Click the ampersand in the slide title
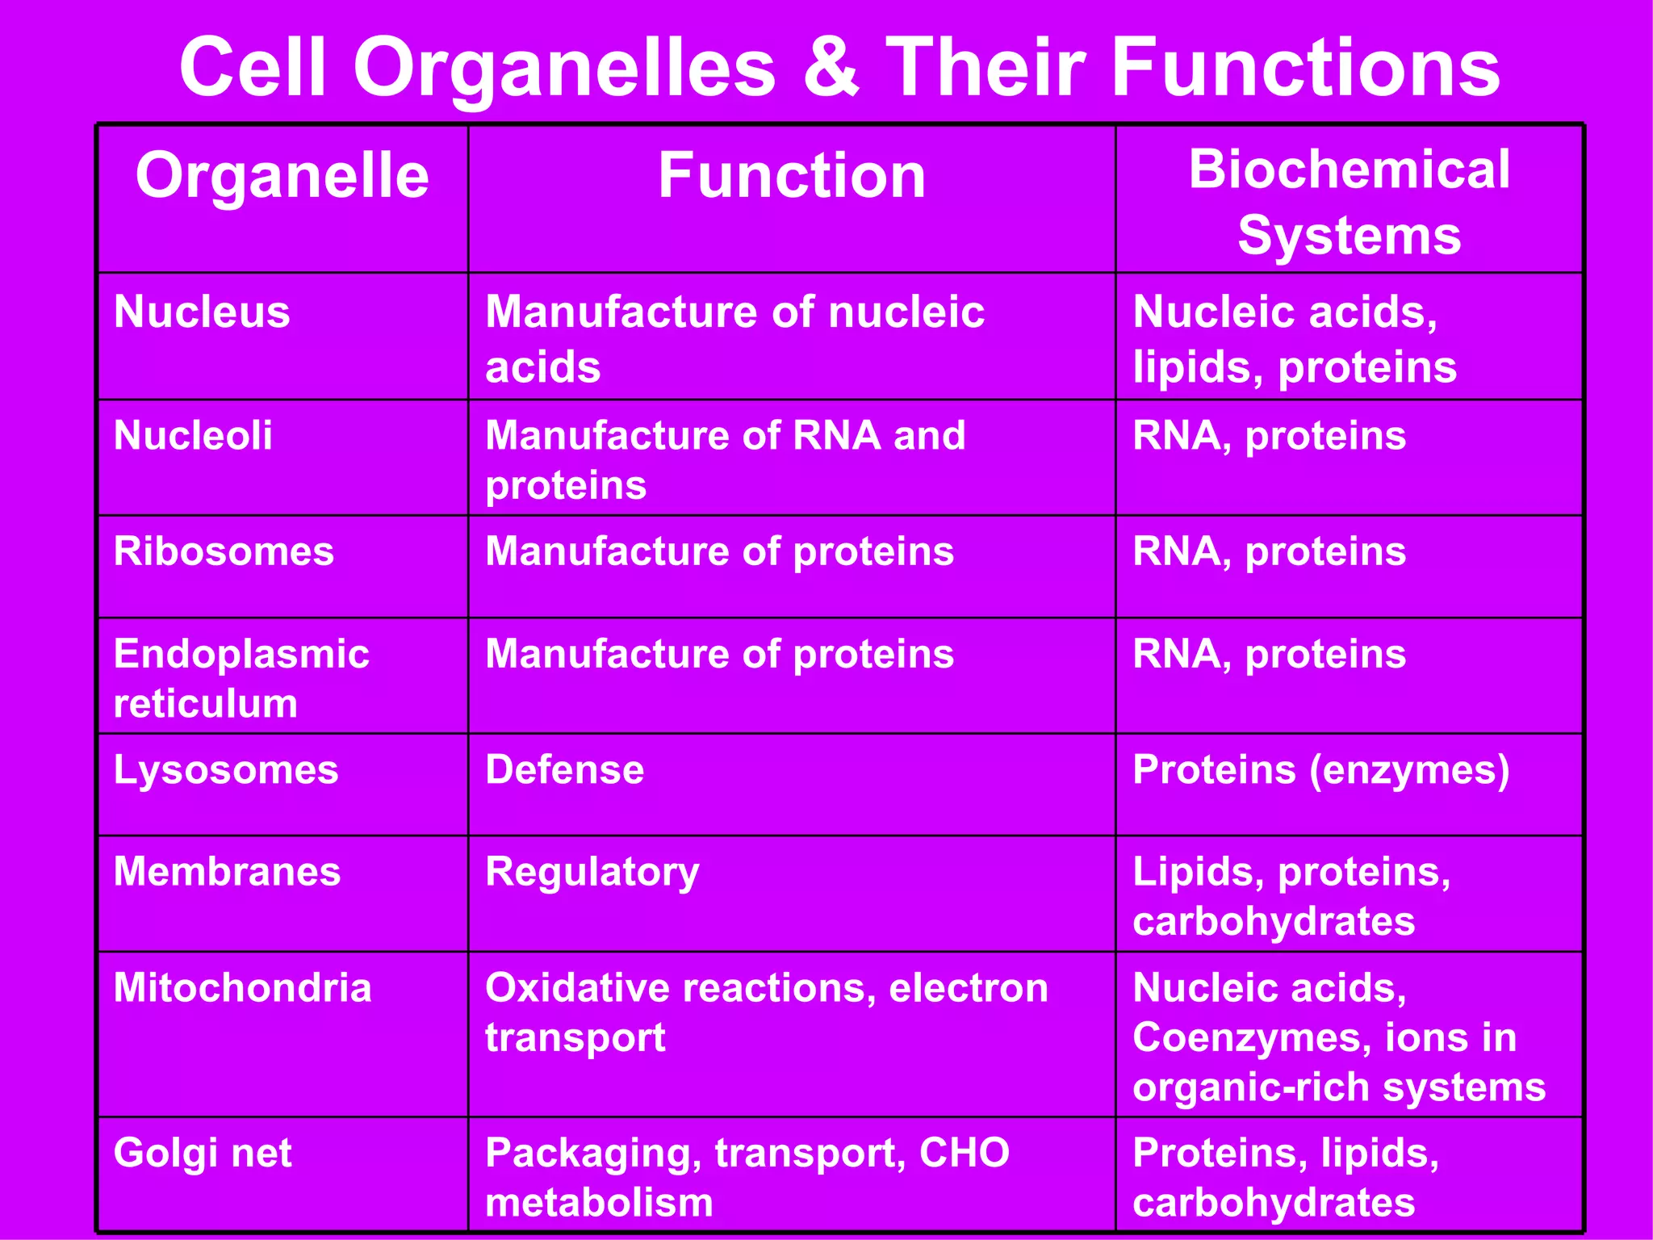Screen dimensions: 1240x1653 831,68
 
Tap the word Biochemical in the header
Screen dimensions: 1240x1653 1349,170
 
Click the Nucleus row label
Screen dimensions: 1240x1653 202,312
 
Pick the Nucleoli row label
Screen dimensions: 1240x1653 193,435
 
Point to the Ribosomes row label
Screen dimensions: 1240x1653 224,551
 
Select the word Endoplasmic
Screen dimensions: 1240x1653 241,654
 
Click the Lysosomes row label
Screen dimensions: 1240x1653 226,769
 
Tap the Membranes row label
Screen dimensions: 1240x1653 227,872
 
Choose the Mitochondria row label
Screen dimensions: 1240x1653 242,987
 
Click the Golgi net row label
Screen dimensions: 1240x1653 203,1153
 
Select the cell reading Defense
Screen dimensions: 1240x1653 564,769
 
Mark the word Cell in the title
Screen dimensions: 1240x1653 253,68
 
